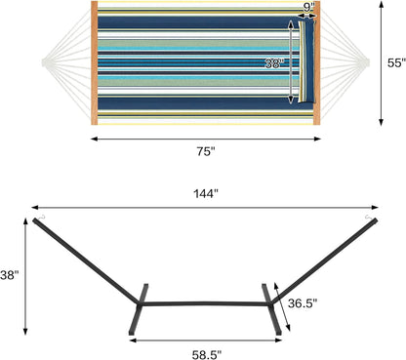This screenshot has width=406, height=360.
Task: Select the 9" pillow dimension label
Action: pyautogui.click(x=309, y=7)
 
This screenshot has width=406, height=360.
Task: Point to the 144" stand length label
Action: pyautogui.click(x=205, y=192)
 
